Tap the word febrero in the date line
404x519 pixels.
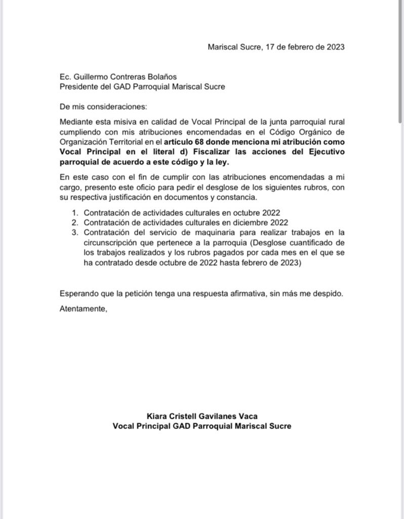pyautogui.click(x=300, y=47)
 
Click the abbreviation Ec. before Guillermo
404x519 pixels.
pyautogui.click(x=65, y=77)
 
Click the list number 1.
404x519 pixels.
pyautogui.click(x=74, y=213)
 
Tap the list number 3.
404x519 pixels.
pyautogui.click(x=74, y=233)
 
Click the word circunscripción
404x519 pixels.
pyautogui.click(x=110, y=242)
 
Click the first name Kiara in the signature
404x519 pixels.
pyautogui.click(x=157, y=416)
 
